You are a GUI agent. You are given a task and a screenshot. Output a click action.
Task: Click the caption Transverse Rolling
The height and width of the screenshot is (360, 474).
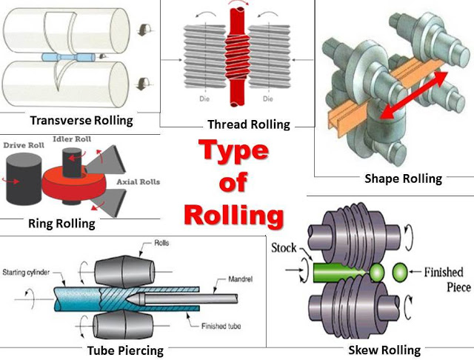(81, 120)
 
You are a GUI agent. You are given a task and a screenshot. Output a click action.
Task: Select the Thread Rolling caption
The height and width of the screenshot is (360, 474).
(249, 124)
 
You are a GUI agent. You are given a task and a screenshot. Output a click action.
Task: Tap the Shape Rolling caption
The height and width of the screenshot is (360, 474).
(403, 179)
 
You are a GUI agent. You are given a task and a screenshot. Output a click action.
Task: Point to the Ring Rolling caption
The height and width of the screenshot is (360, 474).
(61, 223)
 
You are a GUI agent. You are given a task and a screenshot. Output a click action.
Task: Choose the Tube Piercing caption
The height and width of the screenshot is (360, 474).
(126, 350)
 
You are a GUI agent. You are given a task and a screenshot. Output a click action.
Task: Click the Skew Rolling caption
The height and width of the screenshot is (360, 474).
(384, 350)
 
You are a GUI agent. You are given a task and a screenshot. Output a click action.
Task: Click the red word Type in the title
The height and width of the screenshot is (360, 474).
(233, 153)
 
